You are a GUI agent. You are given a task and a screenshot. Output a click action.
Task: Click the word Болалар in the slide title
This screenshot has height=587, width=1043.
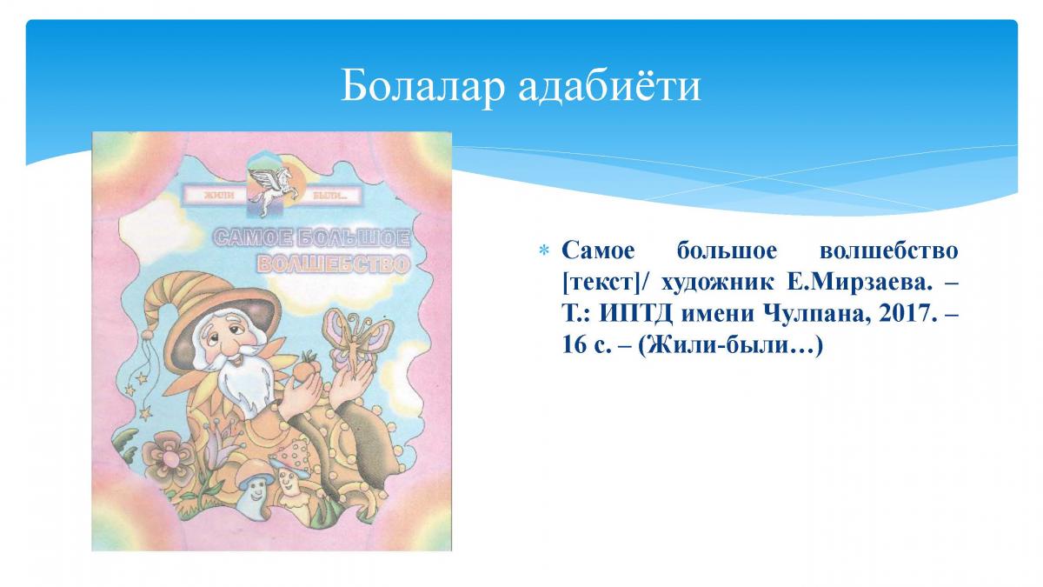click(422, 86)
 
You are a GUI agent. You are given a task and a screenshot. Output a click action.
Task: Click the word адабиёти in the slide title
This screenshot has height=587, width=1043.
click(609, 86)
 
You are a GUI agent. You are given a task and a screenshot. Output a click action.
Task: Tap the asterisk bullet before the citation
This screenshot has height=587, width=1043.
click(543, 251)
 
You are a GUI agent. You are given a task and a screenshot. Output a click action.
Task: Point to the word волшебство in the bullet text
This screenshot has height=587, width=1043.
click(889, 251)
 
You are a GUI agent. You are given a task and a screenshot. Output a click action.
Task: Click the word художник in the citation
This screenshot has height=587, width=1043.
click(717, 283)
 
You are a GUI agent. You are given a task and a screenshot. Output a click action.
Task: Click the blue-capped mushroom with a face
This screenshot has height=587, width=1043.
click(256, 487)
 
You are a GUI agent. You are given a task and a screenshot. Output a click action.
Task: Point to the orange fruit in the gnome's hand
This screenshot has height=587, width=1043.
click(307, 367)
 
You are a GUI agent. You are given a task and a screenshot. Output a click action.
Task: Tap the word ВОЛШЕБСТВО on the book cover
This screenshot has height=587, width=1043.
click(334, 264)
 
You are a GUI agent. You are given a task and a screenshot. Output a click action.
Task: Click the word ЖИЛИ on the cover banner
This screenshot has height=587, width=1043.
click(219, 196)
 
